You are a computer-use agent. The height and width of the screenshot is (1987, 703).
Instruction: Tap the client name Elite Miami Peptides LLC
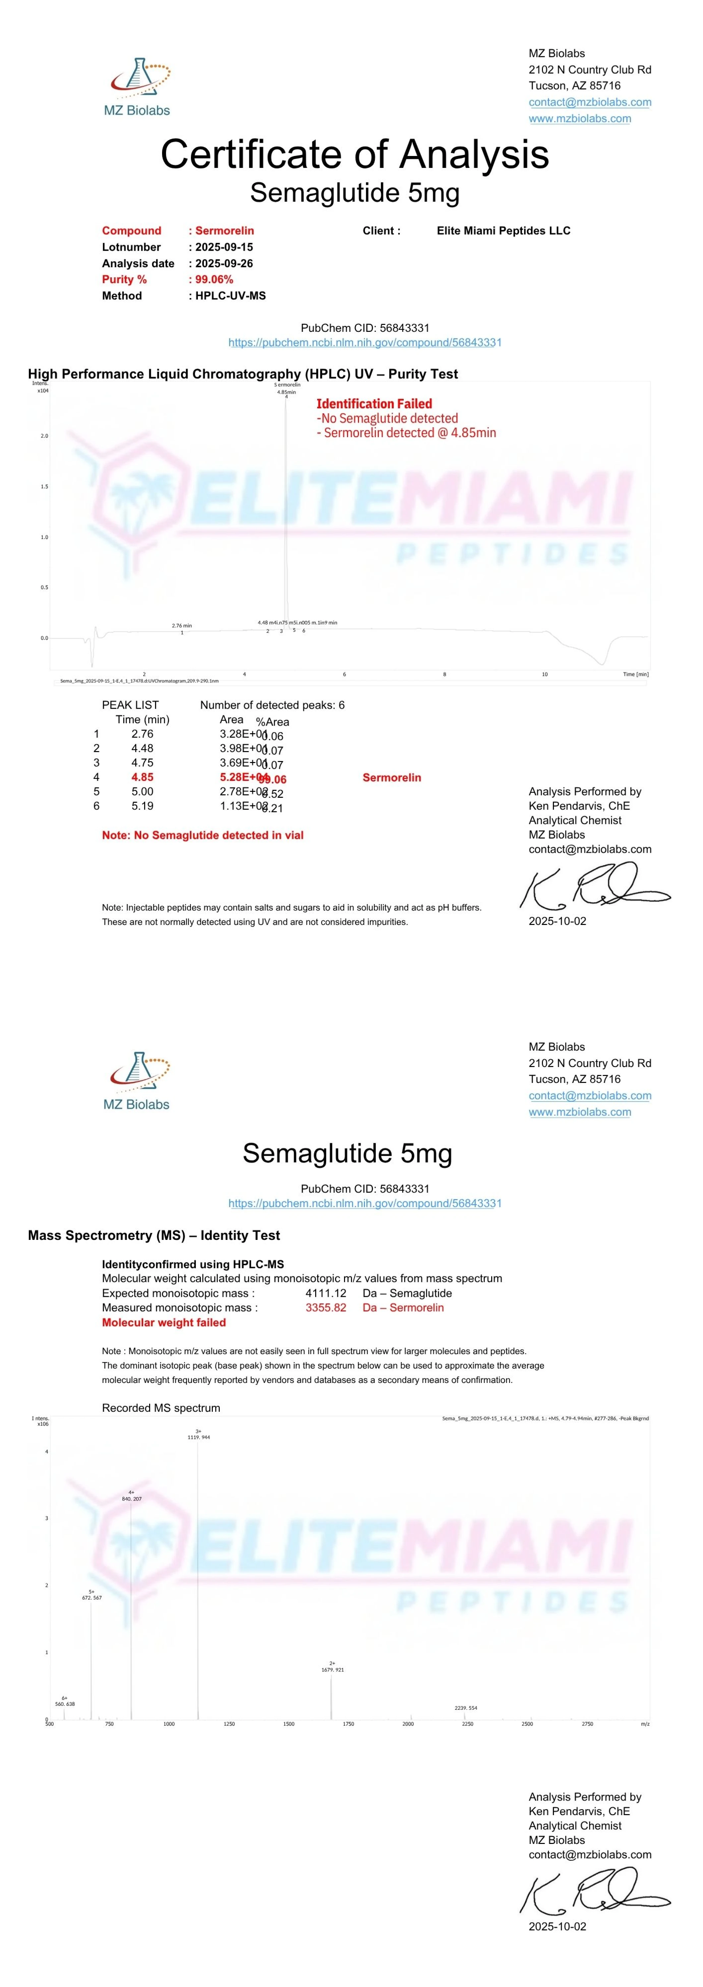click(x=503, y=230)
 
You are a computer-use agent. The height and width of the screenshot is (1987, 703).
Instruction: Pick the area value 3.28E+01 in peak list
click(x=242, y=734)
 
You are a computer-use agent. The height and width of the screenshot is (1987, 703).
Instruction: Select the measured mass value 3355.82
click(x=326, y=1307)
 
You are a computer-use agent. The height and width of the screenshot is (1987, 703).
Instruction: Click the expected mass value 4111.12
click(x=326, y=1293)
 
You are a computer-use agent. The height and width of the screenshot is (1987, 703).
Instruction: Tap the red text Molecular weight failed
click(x=164, y=1322)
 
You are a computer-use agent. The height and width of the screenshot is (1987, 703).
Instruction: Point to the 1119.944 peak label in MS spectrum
click(x=198, y=1437)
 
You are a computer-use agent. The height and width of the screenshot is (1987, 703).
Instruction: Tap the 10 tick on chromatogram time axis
click(x=544, y=674)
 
